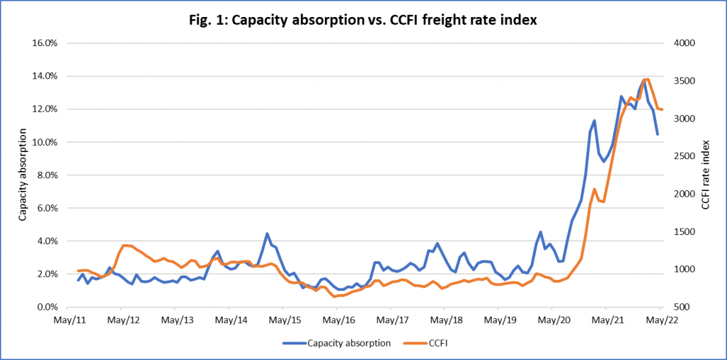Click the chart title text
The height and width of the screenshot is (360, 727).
tap(364, 21)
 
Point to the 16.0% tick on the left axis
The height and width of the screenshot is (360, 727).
tap(45, 43)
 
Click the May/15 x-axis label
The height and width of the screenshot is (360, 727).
tap(283, 320)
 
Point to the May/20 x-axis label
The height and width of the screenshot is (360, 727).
tap(552, 320)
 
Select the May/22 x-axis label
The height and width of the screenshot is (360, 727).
tap(660, 320)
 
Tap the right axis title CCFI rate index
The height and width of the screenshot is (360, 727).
tap(705, 175)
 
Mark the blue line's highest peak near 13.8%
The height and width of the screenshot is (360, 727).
tap(643, 80)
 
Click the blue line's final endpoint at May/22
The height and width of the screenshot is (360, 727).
tap(657, 134)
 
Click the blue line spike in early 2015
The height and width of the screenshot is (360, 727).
tap(267, 234)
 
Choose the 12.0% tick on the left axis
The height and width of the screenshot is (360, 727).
tap(45, 109)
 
